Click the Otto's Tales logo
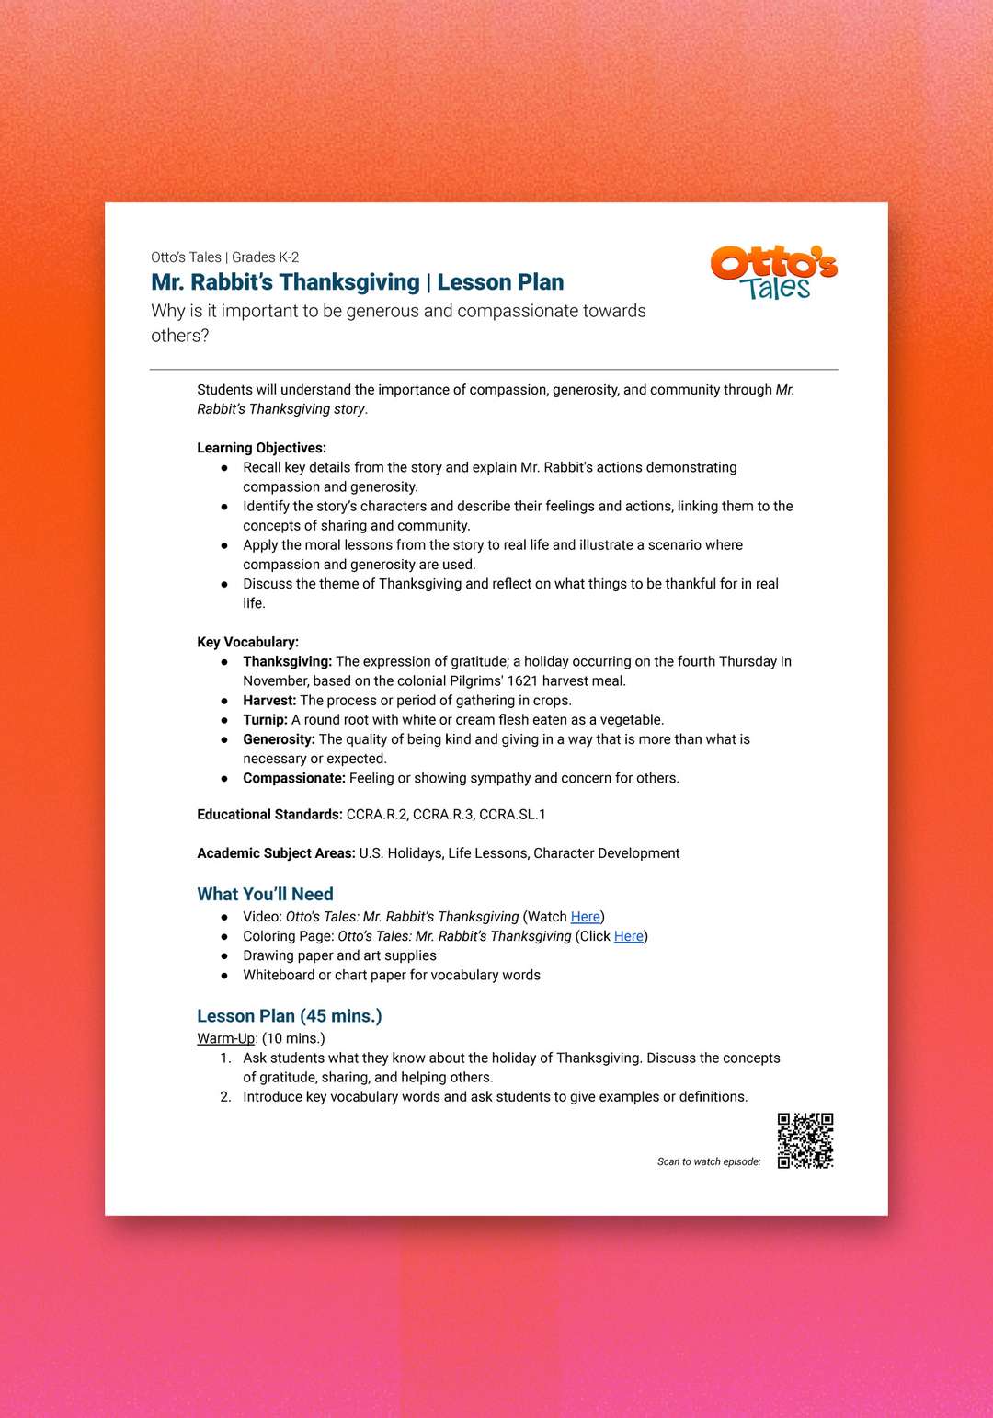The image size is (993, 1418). pyautogui.click(x=773, y=273)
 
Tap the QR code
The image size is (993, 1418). pyautogui.click(x=805, y=1140)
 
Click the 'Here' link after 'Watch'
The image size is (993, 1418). pyautogui.click(x=585, y=917)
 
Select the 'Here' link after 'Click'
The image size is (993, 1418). pyautogui.click(x=629, y=936)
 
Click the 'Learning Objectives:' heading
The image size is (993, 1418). pyautogui.click(x=261, y=448)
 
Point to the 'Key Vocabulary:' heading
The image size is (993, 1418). pyautogui.click(x=247, y=642)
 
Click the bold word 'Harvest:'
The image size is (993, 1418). pyautogui.click(x=269, y=701)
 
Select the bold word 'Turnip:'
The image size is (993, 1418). pyautogui.click(x=265, y=720)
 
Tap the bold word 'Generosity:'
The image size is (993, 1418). pyautogui.click(x=279, y=739)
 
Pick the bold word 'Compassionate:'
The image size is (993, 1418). pyautogui.click(x=294, y=778)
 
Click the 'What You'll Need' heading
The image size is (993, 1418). pyautogui.click(x=265, y=894)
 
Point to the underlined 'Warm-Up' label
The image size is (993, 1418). pyautogui.click(x=225, y=1038)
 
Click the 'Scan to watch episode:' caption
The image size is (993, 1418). pyautogui.click(x=709, y=1161)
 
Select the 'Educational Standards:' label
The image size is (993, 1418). pyautogui.click(x=269, y=815)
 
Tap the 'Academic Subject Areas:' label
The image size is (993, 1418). pyautogui.click(x=276, y=853)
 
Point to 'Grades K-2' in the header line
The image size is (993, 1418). pyautogui.click(x=266, y=257)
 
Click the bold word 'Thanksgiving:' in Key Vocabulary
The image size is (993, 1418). pyautogui.click(x=287, y=662)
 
